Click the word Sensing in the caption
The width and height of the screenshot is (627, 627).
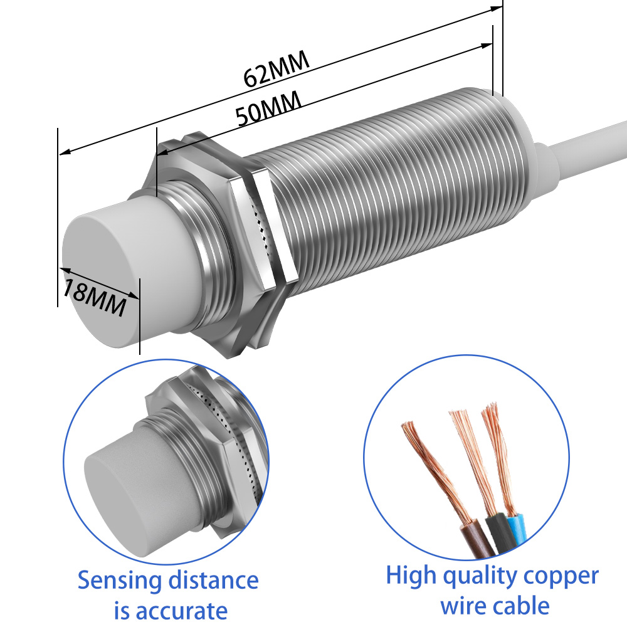pos(119,581)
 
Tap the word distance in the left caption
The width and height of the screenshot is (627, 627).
pos(213,581)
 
